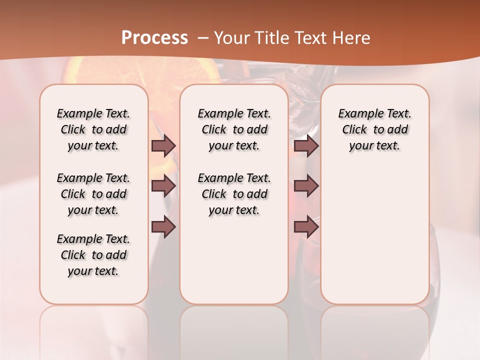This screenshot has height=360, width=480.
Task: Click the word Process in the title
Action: pyautogui.click(x=154, y=38)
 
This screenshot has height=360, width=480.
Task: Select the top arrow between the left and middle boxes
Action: pyautogui.click(x=163, y=145)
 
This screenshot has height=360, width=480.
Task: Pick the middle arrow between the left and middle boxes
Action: pyautogui.click(x=163, y=186)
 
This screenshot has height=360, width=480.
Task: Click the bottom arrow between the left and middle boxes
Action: pyautogui.click(x=163, y=227)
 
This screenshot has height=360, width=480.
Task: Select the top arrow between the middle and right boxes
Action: pyautogui.click(x=306, y=145)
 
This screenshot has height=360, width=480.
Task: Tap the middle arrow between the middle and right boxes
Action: pyautogui.click(x=306, y=186)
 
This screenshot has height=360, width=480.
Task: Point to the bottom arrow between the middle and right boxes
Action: pyautogui.click(x=306, y=227)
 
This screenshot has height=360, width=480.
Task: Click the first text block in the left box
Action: pyautogui.click(x=93, y=129)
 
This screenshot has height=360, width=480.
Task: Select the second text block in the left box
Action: pyautogui.click(x=93, y=194)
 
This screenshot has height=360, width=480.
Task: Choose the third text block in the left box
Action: pyautogui.click(x=93, y=255)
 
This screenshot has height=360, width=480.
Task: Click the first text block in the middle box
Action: pyautogui.click(x=234, y=129)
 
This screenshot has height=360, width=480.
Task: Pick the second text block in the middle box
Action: pyautogui.click(x=234, y=194)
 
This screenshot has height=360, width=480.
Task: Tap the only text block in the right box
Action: pyautogui.click(x=374, y=129)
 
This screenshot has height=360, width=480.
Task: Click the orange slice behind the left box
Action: pyautogui.click(x=80, y=72)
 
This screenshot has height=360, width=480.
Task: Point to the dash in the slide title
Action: pyautogui.click(x=204, y=38)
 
